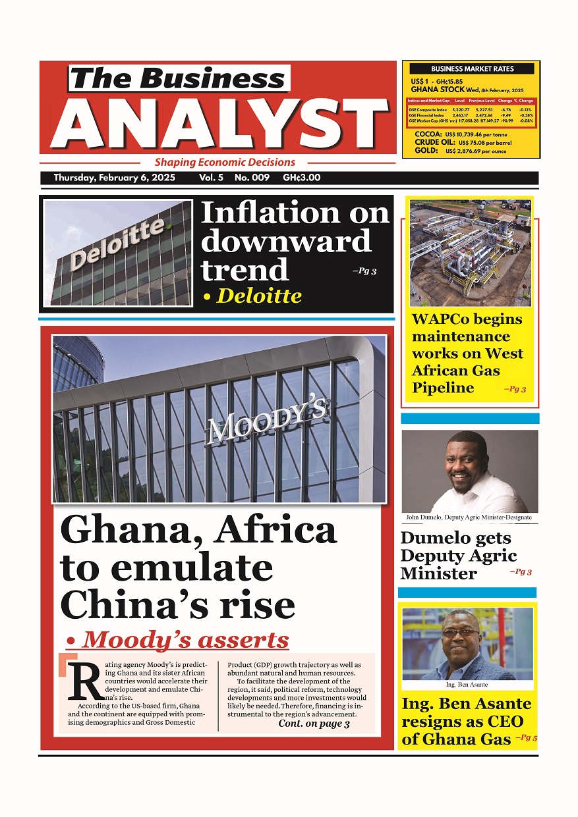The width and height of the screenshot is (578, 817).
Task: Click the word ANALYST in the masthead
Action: coord(221,124)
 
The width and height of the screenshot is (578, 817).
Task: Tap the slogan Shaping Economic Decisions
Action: coord(225,162)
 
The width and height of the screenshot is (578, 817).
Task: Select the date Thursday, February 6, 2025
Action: coord(114,178)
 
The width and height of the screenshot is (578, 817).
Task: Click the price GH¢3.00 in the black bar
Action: coord(301,178)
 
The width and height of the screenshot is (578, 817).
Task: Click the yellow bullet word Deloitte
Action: coord(258,296)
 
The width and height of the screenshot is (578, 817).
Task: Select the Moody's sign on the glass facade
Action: coord(267,421)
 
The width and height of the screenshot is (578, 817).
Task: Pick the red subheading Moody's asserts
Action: coord(186,639)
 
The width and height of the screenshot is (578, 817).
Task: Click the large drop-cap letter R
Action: coord(84,680)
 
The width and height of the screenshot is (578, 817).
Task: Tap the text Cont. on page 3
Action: coord(314,724)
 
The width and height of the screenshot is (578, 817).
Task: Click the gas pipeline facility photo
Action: coord(470,252)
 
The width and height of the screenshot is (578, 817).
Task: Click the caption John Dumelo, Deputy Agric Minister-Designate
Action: coord(468,517)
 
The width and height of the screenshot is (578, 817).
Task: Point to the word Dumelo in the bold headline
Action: coord(437,538)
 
